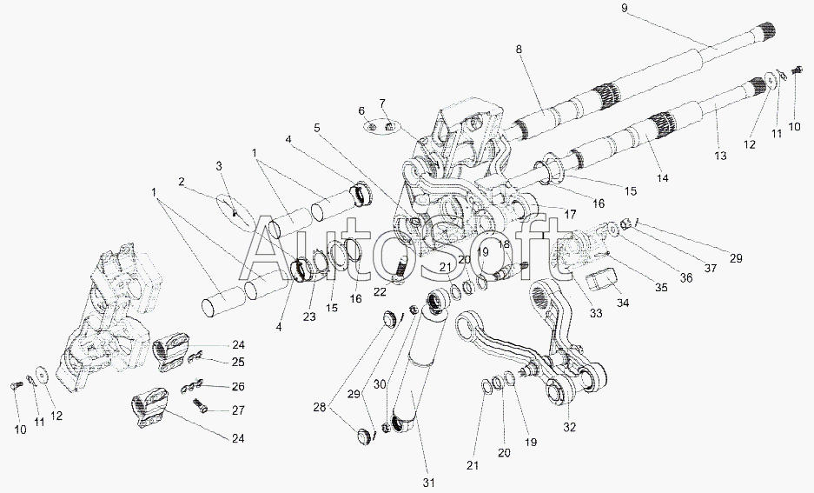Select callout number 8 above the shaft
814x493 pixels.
pyautogui.click(x=520, y=50)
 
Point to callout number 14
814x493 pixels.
pyautogui.click(x=663, y=177)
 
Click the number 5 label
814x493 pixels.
pyautogui.click(x=317, y=128)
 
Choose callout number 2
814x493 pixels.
pyautogui.click(x=182, y=182)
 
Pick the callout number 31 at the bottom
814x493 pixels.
pyautogui.click(x=427, y=482)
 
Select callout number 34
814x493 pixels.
pyautogui.click(x=622, y=303)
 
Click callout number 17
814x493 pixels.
pyautogui.click(x=569, y=212)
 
